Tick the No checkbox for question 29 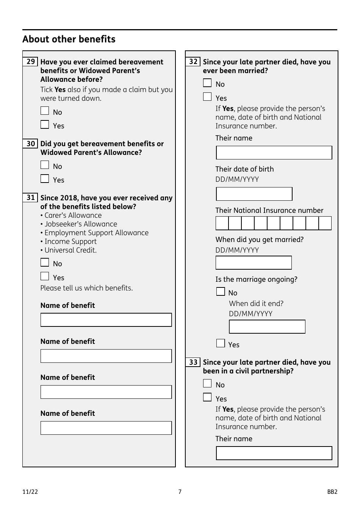[45, 111]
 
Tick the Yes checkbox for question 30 [45, 178]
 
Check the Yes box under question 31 [45, 276]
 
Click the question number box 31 [31, 198]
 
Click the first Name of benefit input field [106, 320]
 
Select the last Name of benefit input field [106, 428]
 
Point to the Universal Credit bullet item [70, 250]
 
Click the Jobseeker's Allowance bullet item [81, 224]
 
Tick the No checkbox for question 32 [207, 83]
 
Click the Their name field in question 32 [274, 153]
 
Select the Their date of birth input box [254, 194]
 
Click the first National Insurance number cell [222, 223]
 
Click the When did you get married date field [254, 263]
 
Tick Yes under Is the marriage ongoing [221, 343]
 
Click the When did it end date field [267, 326]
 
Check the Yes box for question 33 [207, 397]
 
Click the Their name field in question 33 [274, 453]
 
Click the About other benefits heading [69, 39]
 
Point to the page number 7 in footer [180, 492]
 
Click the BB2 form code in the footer [332, 492]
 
